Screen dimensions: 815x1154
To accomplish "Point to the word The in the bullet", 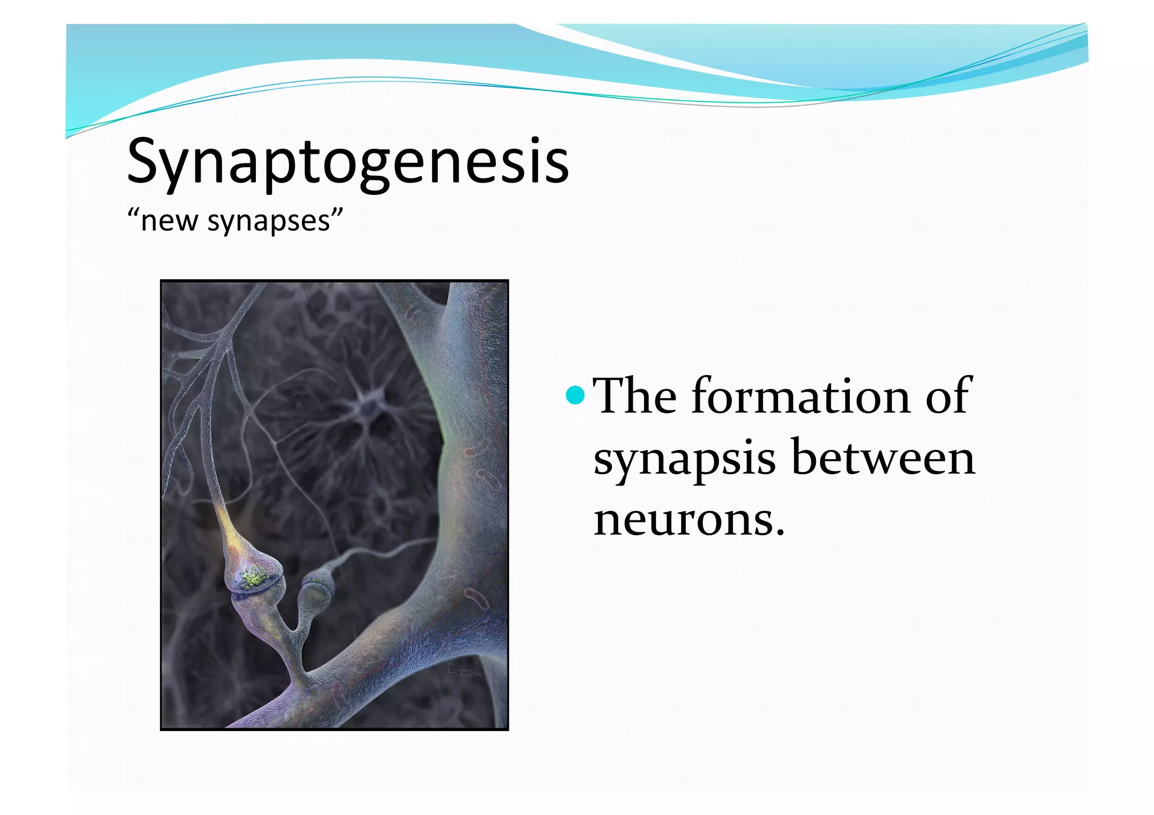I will coord(636,397).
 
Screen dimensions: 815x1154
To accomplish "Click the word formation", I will coord(800,397).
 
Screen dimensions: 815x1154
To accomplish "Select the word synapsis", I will coord(685,459).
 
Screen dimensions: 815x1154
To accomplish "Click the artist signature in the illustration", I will coord(463,671).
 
